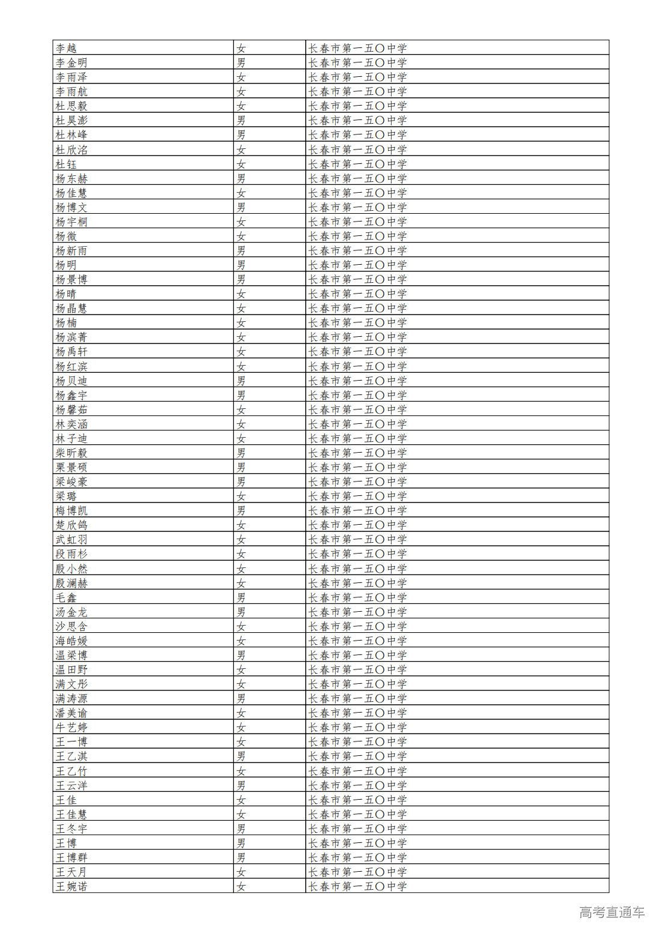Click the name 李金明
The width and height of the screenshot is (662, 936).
pos(71,62)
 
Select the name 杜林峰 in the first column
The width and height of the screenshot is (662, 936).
pos(71,135)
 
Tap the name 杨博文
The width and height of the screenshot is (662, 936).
pos(71,207)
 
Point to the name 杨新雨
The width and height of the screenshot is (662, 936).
pos(71,250)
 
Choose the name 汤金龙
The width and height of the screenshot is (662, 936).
pos(71,612)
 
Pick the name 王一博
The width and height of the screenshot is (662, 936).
pos(71,741)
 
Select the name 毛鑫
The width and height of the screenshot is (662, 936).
pos(66,597)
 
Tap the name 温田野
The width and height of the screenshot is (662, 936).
pos(71,669)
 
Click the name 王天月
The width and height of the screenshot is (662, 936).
pos(71,872)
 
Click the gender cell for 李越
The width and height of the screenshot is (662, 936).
pos(241,48)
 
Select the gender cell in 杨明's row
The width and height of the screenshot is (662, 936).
pos(241,265)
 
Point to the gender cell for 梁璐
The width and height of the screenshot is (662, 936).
pos(241,496)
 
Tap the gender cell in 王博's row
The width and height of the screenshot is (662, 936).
pos(241,843)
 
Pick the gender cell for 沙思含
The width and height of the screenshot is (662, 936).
pos(241,626)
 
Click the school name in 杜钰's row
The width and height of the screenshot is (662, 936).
pos(357,164)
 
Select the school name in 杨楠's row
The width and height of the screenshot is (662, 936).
pos(357,322)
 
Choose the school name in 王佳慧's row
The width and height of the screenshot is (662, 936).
pos(357,814)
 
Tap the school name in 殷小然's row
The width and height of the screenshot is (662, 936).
pos(357,569)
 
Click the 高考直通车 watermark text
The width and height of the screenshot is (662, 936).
pos(612,913)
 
